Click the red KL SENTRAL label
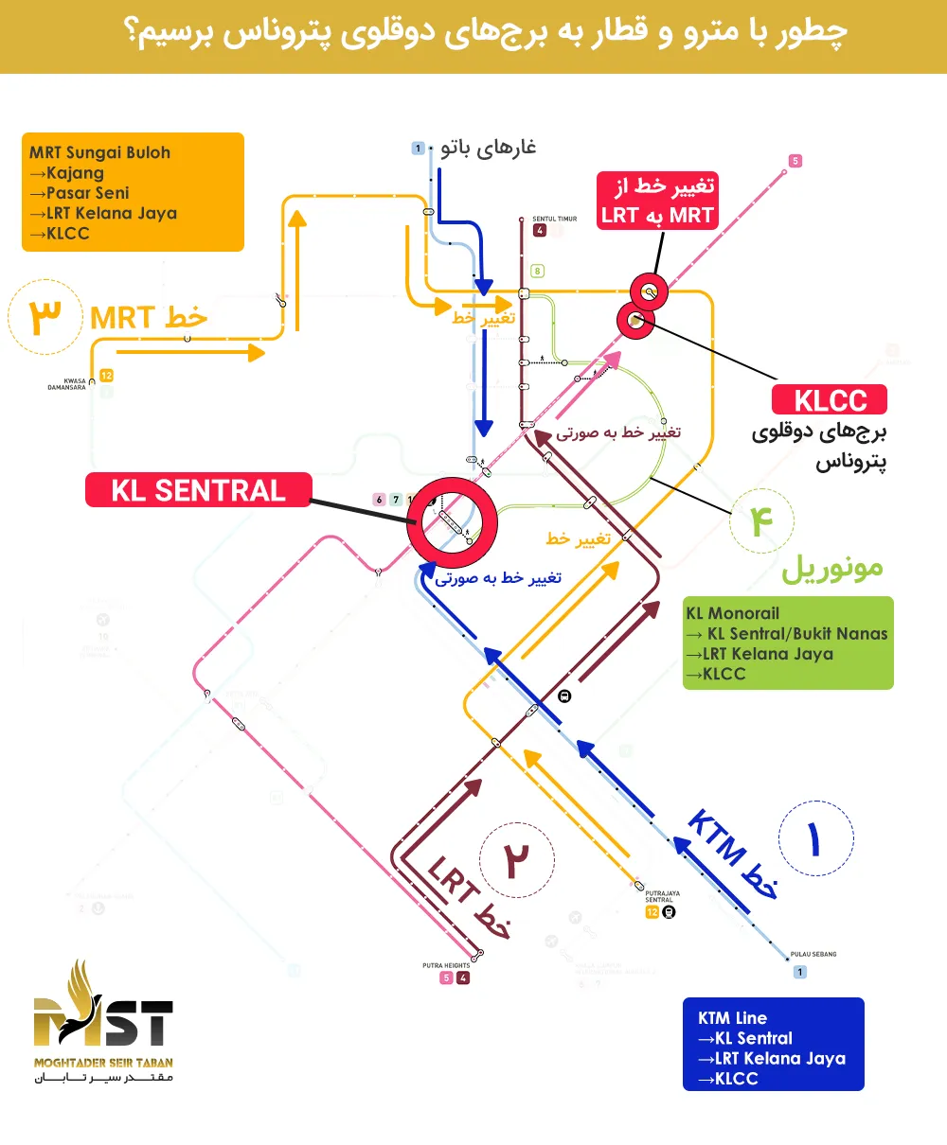(x=198, y=490)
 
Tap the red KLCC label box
(x=830, y=400)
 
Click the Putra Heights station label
(x=446, y=966)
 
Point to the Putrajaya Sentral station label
(x=662, y=896)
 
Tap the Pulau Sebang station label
(x=813, y=954)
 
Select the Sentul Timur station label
(x=554, y=219)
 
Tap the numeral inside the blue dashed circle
(x=814, y=838)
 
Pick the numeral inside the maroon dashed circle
(x=516, y=859)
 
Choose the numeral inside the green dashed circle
(x=761, y=521)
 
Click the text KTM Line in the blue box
(x=732, y=1018)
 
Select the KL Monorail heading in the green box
(x=732, y=613)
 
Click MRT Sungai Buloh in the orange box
(x=99, y=152)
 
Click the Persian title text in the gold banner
(x=485, y=33)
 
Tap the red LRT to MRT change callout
(x=656, y=201)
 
